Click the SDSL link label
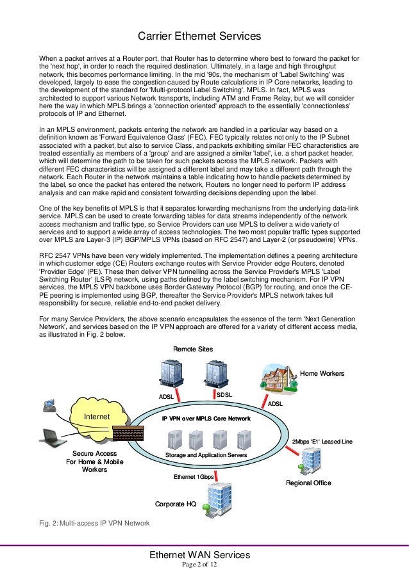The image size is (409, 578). pyautogui.click(x=224, y=396)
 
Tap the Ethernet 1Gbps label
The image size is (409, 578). pyautogui.click(x=194, y=477)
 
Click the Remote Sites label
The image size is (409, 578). pyautogui.click(x=193, y=348)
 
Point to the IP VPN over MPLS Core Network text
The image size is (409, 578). pyautogui.click(x=206, y=418)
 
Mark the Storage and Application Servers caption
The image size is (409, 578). pyautogui.click(x=206, y=455)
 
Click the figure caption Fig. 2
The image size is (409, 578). pyautogui.click(x=94, y=524)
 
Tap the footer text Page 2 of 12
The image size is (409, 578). pyautogui.click(x=199, y=565)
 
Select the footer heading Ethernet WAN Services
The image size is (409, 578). pyautogui.click(x=199, y=554)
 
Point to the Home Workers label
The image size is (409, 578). pyautogui.click(x=322, y=373)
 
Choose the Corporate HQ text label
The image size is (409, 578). pyautogui.click(x=176, y=504)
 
